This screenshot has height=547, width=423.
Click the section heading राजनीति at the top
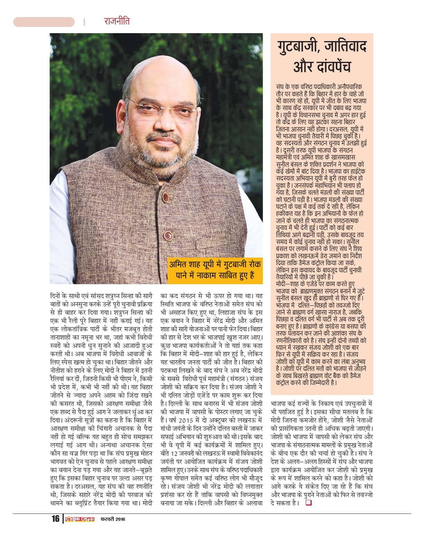(117, 22)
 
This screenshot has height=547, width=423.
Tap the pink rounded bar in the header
(44, 22)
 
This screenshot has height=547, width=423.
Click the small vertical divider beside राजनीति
(84, 22)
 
